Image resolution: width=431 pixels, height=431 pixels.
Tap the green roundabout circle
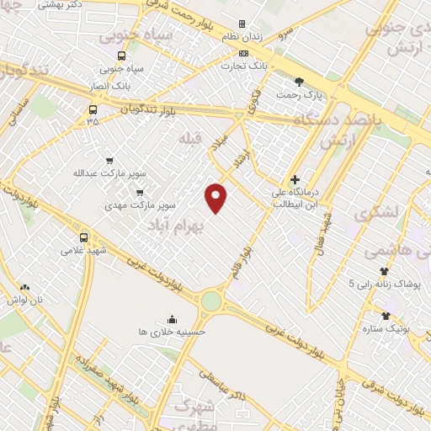210,301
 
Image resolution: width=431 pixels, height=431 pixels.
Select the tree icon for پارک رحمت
300,81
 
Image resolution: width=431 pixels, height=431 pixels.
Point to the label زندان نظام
242,37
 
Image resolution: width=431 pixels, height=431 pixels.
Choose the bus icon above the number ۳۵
92,109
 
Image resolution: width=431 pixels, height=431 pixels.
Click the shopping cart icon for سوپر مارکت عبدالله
109,160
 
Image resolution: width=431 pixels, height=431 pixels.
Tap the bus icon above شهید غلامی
83,237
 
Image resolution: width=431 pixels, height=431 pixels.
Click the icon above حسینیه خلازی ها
172,319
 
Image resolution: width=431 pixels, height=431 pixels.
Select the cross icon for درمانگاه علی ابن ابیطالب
295,179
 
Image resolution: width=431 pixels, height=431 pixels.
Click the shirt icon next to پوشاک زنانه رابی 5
385,271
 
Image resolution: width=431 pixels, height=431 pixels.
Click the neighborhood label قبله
190,136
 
